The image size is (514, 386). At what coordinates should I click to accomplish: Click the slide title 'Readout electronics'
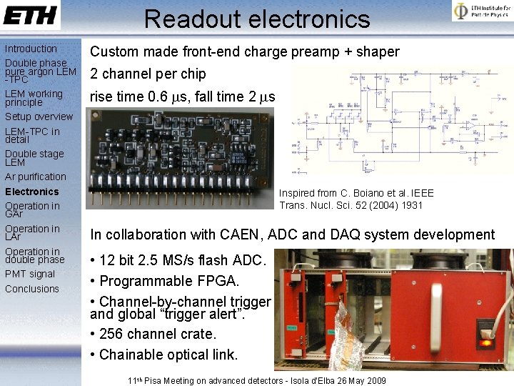click(x=257, y=19)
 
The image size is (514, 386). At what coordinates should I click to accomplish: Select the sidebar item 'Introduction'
click(x=31, y=49)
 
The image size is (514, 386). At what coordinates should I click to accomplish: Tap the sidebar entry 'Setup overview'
click(x=39, y=117)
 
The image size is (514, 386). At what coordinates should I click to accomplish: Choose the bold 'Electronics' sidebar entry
click(x=32, y=192)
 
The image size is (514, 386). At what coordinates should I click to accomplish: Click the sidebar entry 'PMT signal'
click(x=30, y=274)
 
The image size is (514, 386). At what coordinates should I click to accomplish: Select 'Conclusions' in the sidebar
click(x=32, y=289)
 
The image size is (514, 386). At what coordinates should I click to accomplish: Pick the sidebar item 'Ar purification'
click(x=36, y=177)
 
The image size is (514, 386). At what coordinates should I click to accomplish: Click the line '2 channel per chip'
click(x=148, y=74)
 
